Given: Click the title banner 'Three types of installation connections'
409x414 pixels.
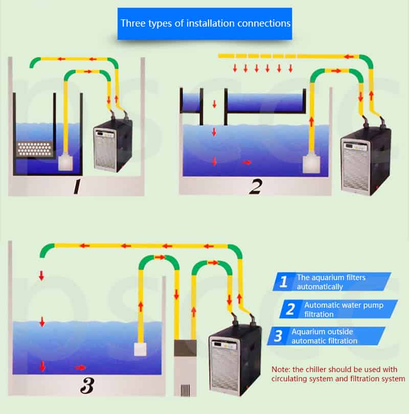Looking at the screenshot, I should pyautogui.click(x=204, y=24).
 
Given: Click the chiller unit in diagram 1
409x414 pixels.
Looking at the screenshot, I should pyautogui.click(x=112, y=145).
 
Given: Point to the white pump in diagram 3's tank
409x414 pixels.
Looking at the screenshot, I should pyautogui.click(x=141, y=349).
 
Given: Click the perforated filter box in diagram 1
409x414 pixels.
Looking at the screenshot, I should pyautogui.click(x=34, y=149).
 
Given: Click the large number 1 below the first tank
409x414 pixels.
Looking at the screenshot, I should pyautogui.click(x=77, y=187).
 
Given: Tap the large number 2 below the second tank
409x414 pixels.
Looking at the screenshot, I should pyautogui.click(x=255, y=187).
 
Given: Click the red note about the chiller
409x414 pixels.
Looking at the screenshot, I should pyautogui.click(x=337, y=374).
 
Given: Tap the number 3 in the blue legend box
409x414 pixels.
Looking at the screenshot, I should pyautogui.click(x=278, y=336).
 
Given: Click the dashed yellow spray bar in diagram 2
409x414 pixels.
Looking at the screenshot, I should pyautogui.click(x=256, y=55).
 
